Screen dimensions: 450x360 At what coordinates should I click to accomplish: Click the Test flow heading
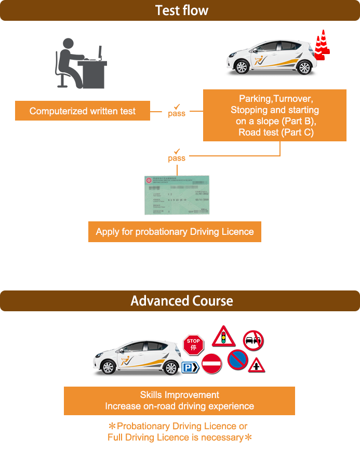(x=181, y=10)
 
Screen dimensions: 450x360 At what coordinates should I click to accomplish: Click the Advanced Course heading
(x=181, y=301)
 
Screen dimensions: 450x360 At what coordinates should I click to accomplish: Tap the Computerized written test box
(x=83, y=111)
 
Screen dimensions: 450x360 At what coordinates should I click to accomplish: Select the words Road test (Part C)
(x=276, y=132)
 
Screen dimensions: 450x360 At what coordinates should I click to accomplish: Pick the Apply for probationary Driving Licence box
(x=175, y=232)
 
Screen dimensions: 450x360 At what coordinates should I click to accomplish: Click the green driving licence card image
(x=177, y=195)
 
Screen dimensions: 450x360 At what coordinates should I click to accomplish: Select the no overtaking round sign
(x=253, y=341)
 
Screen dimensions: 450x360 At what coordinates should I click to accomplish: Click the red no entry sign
(x=211, y=364)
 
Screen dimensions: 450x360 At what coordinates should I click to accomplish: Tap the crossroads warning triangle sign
(x=256, y=365)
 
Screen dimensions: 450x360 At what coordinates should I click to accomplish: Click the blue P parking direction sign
(x=190, y=368)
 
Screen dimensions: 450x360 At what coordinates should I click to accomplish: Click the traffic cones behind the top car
(x=322, y=46)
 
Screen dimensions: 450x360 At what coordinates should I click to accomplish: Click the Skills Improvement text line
(x=179, y=395)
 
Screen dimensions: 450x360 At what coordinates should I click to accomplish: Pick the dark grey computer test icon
(x=81, y=63)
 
